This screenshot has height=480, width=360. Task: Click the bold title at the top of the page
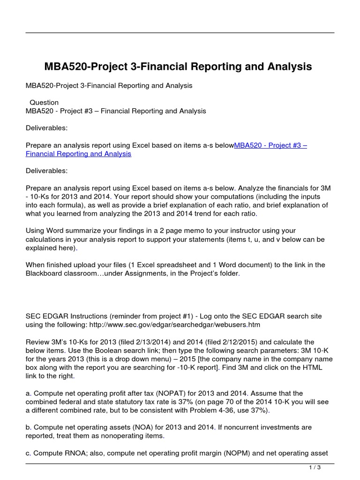tap(178, 67)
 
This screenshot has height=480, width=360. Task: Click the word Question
tap(44, 102)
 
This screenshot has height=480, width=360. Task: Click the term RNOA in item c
tap(73, 453)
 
